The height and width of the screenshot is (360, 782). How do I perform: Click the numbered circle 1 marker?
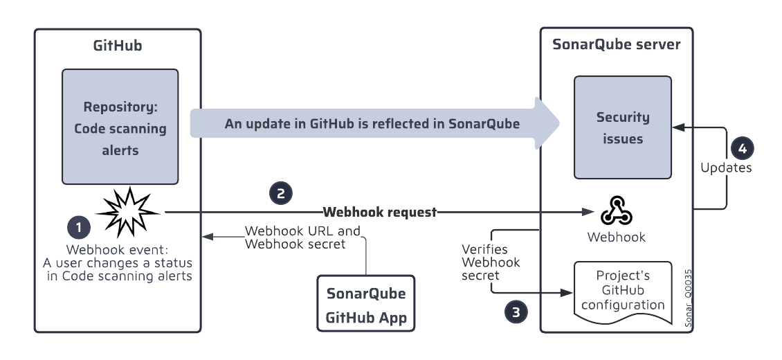point(78,227)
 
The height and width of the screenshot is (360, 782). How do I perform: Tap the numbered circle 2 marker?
point(280,193)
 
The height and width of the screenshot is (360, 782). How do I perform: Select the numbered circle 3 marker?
point(513,312)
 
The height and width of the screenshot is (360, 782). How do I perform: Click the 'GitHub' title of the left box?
point(118,46)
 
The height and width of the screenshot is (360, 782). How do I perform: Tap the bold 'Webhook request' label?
point(380,212)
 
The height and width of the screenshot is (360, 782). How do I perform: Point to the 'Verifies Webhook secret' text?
point(490,262)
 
